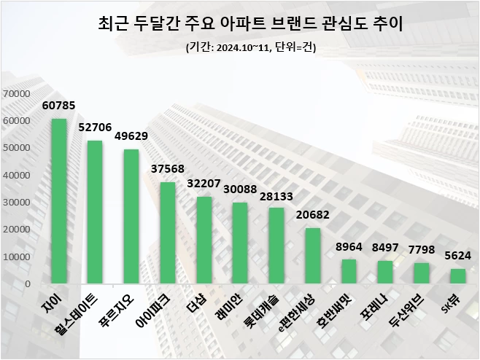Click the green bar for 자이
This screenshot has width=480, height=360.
click(59, 201)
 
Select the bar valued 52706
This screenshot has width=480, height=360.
click(95, 212)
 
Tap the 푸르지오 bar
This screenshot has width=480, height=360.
click(131, 216)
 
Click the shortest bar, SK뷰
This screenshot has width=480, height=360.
click(457, 276)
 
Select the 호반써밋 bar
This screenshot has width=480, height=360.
click(349, 272)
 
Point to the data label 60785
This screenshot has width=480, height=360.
click(59, 107)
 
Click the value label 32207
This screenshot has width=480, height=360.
click(204, 184)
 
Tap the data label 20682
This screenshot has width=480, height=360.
click(312, 216)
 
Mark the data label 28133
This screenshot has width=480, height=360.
click(276, 195)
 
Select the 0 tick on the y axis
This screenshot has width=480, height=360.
click(26, 283)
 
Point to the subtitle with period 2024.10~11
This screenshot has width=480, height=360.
click(240, 48)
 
